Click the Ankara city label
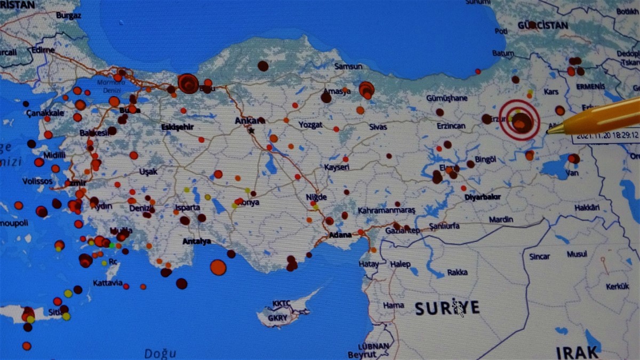point(249,121)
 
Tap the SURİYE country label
point(447,308)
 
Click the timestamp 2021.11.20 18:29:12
point(606,135)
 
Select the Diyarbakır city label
point(482,197)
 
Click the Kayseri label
point(337,167)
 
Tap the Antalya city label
point(196,241)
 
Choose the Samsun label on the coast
point(348,67)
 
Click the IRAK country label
point(577,353)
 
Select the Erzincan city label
point(451,126)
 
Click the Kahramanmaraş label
point(386,211)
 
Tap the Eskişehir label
point(177,127)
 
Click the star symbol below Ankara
point(251,131)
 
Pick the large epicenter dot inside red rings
point(521,122)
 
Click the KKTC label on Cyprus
point(281,303)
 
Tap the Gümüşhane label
point(446,98)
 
